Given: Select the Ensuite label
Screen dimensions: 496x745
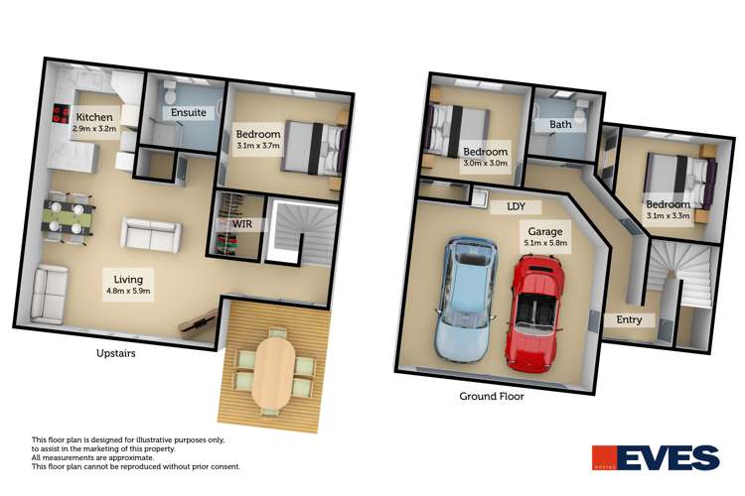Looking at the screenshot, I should pyautogui.click(x=189, y=112).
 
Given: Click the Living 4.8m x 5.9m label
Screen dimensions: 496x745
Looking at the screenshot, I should pyautogui.click(x=131, y=286).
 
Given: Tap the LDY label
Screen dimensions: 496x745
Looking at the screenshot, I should pyautogui.click(x=516, y=207).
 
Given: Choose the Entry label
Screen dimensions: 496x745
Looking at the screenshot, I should pyautogui.click(x=629, y=319).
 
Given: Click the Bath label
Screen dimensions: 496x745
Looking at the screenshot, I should pyautogui.click(x=560, y=125).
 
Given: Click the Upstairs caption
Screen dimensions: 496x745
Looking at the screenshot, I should pyautogui.click(x=117, y=353).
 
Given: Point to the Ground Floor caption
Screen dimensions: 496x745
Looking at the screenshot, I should pyautogui.click(x=491, y=395).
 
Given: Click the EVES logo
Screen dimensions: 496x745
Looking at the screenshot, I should pyautogui.click(x=655, y=458).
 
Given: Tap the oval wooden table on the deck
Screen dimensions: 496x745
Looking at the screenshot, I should pyautogui.click(x=271, y=372).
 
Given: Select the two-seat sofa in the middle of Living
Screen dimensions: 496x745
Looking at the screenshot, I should pyautogui.click(x=150, y=234).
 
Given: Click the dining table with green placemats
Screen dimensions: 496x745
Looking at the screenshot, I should pyautogui.click(x=70, y=217).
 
